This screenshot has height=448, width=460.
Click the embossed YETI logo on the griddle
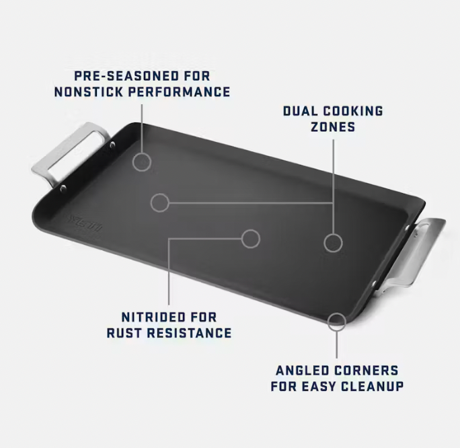[86, 223]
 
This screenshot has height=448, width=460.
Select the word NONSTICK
[89, 92]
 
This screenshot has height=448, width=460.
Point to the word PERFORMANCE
[180, 92]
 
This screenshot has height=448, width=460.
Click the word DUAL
[300, 111]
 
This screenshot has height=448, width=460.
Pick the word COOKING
[353, 111]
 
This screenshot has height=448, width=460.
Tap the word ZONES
[333, 127]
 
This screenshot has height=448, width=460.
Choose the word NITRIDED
[153, 317]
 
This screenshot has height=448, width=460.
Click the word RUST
[124, 333]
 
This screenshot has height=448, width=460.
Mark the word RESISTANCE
[189, 333]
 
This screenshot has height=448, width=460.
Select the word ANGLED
[302, 371]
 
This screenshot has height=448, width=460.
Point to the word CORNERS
[366, 371]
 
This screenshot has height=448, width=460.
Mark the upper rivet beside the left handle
[112, 145]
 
